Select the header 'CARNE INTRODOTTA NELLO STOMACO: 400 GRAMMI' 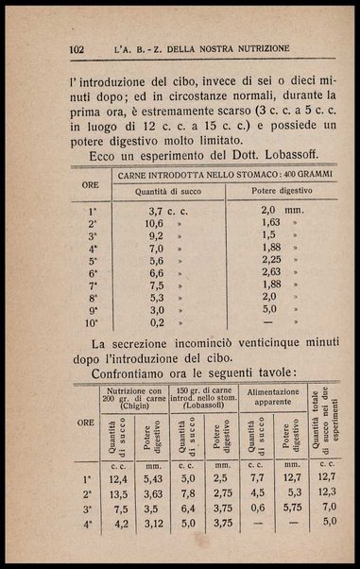pos(223,175)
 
